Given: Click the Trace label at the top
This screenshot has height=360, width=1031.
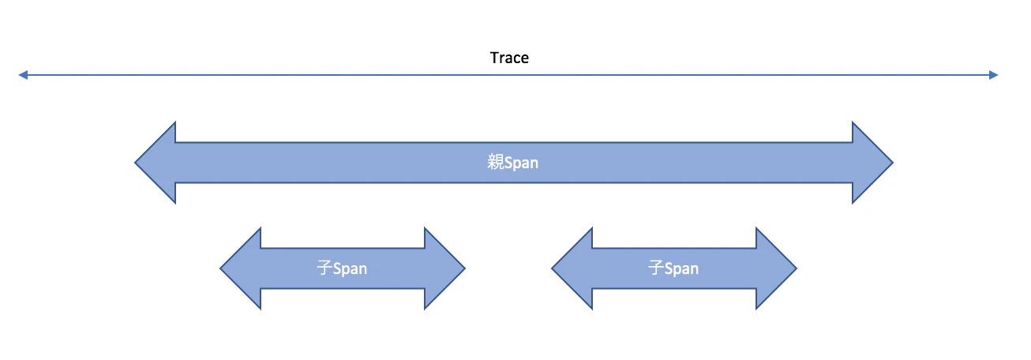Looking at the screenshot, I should (509, 58).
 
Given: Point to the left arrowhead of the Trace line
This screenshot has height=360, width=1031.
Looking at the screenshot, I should (24, 75).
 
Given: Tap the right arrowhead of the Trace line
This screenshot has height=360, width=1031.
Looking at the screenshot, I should (993, 75).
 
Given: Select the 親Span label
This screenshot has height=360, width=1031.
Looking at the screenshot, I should (513, 163).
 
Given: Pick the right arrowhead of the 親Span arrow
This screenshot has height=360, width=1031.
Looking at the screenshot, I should (872, 163).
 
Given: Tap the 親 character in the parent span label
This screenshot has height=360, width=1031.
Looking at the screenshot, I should (495, 163).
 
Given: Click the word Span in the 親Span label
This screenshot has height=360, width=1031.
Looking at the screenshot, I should (522, 163).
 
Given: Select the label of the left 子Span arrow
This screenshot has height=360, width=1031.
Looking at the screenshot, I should (342, 268).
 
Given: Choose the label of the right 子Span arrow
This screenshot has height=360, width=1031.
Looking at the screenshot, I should (673, 268).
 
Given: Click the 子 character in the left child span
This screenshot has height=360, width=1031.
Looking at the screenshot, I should (324, 268).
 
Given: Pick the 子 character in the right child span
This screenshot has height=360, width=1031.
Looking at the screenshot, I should (655, 268).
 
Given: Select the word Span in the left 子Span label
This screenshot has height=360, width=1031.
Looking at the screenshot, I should (350, 268).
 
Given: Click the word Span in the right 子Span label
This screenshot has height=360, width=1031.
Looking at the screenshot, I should (681, 268).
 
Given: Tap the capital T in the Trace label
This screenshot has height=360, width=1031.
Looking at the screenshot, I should (494, 58).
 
